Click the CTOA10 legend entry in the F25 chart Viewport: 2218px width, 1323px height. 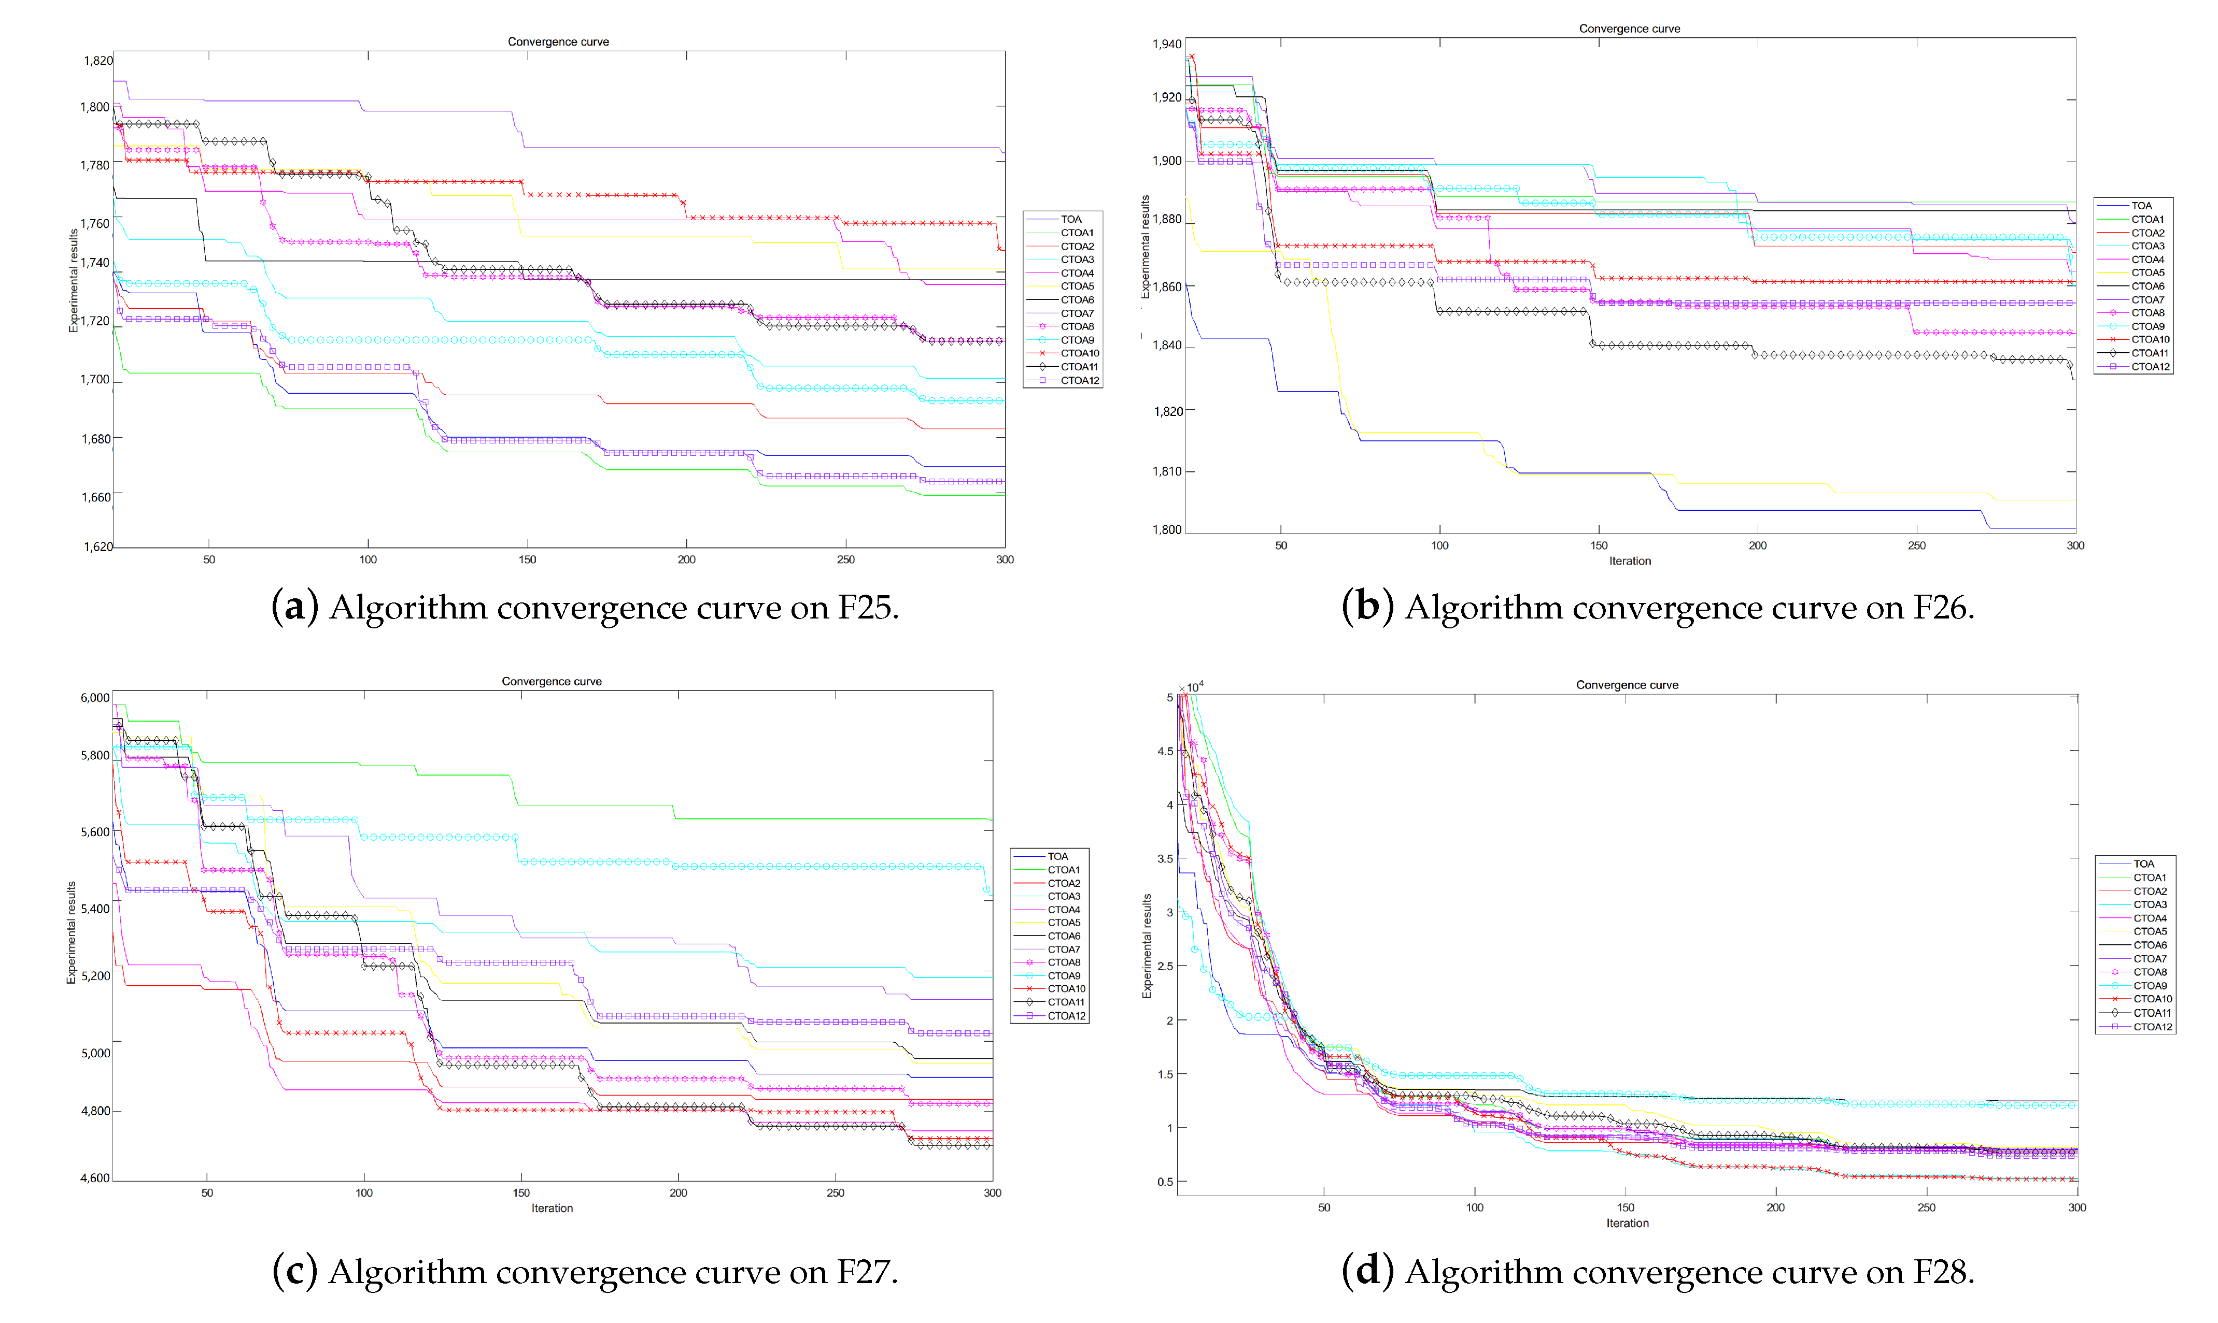point(1079,353)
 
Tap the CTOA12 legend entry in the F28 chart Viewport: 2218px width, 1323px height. point(2153,1027)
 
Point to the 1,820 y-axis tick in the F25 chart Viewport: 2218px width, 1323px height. point(98,61)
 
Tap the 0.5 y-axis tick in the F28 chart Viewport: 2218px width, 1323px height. point(1165,1182)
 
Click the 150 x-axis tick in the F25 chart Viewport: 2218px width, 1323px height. point(527,560)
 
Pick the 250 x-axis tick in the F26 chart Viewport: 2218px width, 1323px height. point(1916,545)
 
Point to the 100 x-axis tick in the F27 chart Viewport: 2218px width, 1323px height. point(364,1193)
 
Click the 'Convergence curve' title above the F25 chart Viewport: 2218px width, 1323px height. point(558,42)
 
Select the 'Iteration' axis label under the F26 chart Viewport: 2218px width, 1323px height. point(1629,561)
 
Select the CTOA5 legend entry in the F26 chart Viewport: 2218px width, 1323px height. point(2148,273)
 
